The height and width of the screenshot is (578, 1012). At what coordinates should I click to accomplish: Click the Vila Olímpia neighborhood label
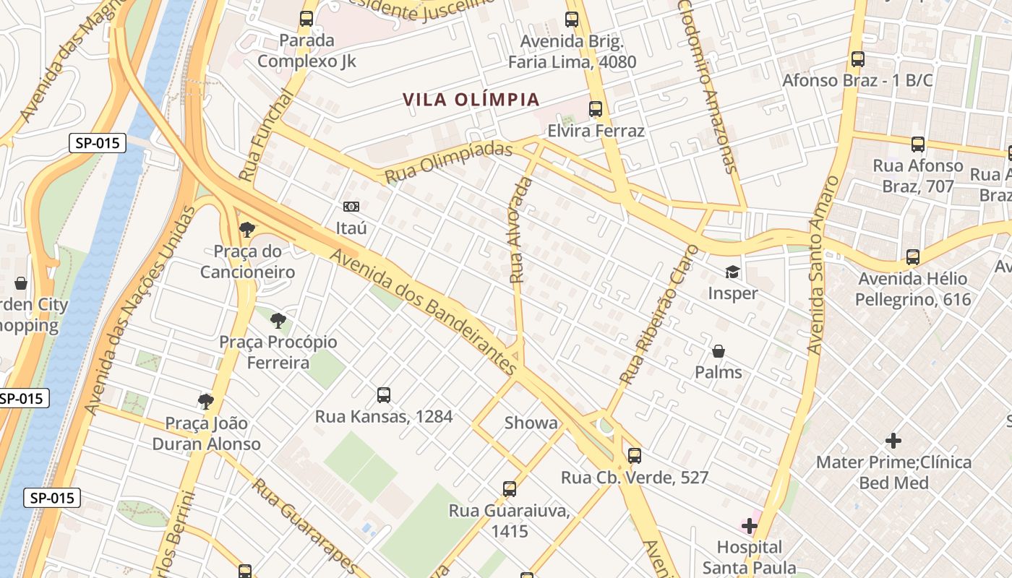coord(471,100)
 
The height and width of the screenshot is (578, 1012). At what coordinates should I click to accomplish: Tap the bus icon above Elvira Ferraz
coord(596,109)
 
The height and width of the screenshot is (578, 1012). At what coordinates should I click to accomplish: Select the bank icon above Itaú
coord(351,207)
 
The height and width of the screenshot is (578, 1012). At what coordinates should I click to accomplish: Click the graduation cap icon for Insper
coord(732,272)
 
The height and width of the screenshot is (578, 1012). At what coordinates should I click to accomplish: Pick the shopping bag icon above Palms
coord(719,351)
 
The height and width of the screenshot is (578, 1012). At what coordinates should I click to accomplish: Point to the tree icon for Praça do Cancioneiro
coord(247,230)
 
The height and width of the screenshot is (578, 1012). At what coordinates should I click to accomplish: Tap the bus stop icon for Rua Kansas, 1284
coord(384,395)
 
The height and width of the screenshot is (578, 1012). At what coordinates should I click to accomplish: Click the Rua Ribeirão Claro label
coord(660,314)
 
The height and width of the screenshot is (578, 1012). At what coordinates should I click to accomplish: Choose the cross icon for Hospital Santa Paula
coord(750,525)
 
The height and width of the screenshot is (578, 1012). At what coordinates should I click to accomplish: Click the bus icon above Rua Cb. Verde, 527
coord(635,456)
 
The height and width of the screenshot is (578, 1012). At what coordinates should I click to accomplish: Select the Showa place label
coord(531,423)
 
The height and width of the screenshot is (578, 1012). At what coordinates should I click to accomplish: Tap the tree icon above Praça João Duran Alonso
coord(206,401)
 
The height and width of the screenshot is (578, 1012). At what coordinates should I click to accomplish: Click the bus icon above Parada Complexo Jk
coord(306,19)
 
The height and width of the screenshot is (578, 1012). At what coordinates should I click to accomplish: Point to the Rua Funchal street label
coord(265,136)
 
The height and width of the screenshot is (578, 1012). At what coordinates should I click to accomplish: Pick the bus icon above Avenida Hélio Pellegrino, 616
coord(913,257)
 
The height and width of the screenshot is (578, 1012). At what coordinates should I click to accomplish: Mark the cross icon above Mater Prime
coord(893,440)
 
